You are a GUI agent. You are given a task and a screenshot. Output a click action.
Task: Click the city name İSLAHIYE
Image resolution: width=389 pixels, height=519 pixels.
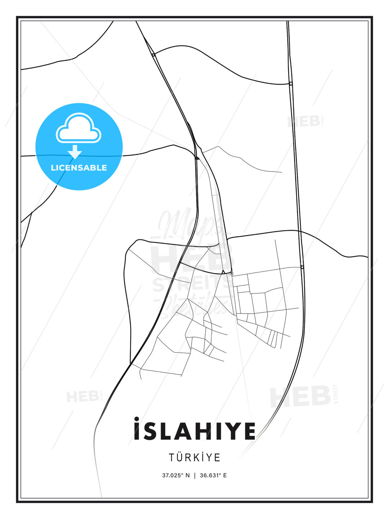194,431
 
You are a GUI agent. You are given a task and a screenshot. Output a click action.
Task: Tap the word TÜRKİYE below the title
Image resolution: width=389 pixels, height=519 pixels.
194,457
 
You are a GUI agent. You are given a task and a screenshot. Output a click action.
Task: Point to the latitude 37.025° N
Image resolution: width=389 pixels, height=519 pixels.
176,475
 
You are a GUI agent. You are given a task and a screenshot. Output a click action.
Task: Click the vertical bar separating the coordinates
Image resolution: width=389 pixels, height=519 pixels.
195,475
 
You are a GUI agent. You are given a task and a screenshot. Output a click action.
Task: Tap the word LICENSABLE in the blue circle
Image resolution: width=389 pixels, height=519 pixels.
79,168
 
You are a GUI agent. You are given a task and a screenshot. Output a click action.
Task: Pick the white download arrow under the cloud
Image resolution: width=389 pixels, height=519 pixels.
75,152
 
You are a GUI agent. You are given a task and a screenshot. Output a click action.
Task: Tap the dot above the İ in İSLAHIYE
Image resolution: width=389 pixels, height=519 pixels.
137,419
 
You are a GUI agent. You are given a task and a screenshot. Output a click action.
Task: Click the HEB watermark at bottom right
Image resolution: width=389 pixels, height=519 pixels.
301,396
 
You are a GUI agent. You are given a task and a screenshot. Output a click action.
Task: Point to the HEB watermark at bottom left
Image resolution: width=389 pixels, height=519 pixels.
82,396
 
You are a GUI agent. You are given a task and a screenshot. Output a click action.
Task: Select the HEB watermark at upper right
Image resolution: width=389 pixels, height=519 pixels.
304,121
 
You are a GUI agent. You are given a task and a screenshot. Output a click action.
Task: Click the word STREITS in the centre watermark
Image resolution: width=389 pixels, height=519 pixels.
191,284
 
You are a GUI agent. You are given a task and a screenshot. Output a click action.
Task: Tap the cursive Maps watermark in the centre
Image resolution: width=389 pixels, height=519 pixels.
187,225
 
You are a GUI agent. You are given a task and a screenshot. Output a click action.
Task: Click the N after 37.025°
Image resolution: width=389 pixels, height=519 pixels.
187,475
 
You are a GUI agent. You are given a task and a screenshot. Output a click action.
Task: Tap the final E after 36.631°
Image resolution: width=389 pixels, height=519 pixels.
225,475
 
